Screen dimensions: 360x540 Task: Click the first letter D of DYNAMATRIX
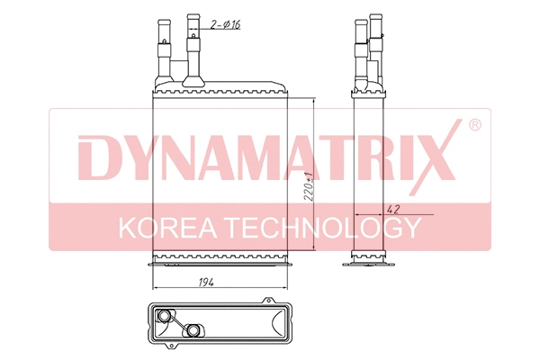tap(94, 157)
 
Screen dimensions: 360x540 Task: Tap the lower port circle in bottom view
tap(192, 330)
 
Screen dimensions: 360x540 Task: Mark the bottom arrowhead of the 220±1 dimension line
tap(311, 251)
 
